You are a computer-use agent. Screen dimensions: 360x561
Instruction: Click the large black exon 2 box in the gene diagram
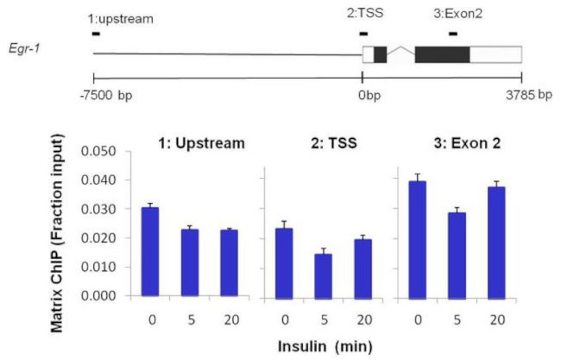[x=442, y=54]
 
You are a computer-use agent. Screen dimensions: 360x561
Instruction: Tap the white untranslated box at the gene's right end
[x=495, y=54]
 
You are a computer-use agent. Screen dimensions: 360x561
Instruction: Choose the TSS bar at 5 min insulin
[x=318, y=275]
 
